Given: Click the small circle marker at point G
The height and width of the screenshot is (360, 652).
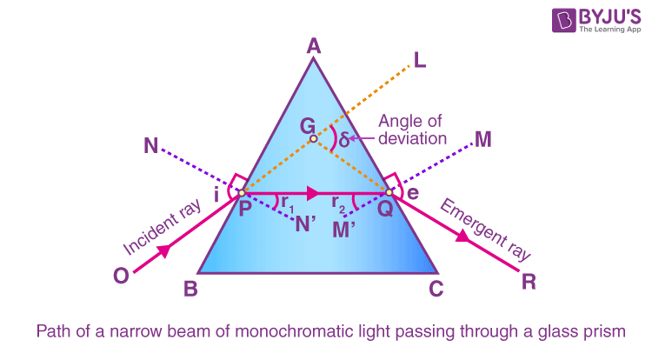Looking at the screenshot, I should (x=314, y=138).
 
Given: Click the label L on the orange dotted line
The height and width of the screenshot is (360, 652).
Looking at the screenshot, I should (x=421, y=61).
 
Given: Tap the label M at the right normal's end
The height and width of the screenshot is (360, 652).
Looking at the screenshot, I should (x=484, y=139).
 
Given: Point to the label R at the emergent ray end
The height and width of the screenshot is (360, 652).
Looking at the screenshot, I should (x=528, y=281).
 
